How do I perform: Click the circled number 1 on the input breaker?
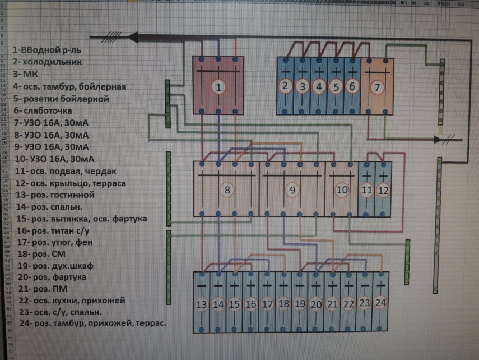pos(219,86)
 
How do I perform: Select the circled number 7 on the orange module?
pos(377,87)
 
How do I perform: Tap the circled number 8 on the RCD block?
pos(227,190)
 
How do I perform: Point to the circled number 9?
pos(292,190)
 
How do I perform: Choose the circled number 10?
pos(342,190)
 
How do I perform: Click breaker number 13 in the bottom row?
pos(202,304)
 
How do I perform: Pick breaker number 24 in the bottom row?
pos(381,302)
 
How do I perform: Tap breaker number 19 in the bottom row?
pos(300,304)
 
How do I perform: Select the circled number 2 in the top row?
pos(286,86)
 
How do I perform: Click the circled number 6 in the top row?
pos(352,86)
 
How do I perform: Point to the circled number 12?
pos(383,190)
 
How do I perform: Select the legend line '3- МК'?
pos(25,74)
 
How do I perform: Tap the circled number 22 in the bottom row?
pos(348,304)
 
